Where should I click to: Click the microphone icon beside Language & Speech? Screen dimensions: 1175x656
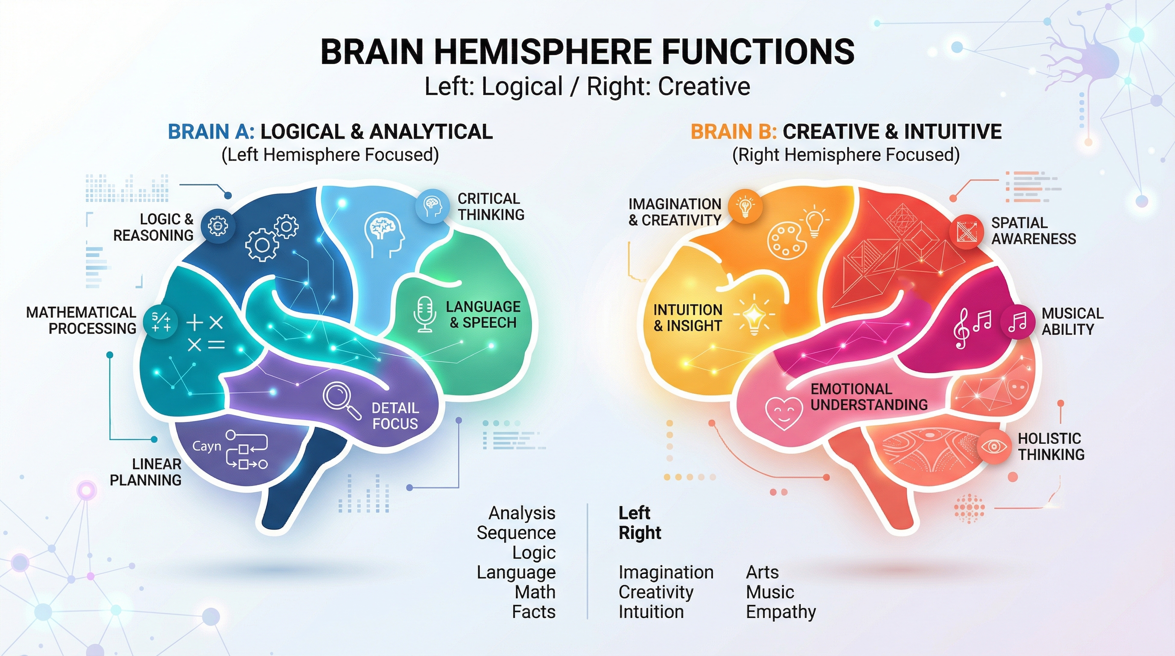(425, 314)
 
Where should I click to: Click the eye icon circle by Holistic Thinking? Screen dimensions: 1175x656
(994, 447)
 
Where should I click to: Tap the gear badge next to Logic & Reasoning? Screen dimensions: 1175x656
(218, 226)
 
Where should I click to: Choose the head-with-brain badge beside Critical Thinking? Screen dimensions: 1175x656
(432, 206)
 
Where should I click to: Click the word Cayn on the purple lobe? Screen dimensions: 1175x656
(207, 446)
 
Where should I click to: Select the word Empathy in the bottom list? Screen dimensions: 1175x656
(780, 612)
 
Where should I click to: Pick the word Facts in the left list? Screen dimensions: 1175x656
(533, 612)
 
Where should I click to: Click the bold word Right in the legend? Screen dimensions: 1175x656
(640, 533)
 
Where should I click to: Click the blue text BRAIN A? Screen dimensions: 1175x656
(211, 132)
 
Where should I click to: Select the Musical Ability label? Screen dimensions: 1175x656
(1072, 321)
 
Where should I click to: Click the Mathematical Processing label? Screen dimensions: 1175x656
(81, 320)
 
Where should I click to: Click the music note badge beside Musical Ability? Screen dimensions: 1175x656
(1017, 322)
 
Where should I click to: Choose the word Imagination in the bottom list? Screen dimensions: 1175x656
(666, 572)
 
